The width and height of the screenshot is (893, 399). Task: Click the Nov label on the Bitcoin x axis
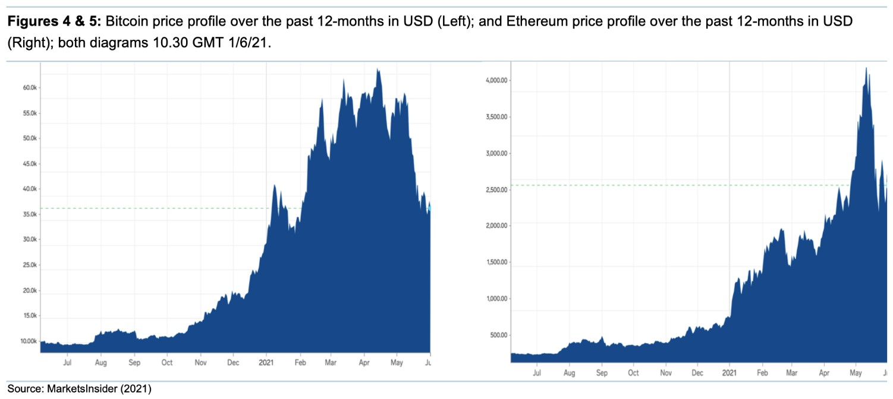200,362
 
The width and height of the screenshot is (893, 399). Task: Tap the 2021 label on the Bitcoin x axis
266,362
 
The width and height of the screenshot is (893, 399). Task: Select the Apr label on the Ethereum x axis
823,373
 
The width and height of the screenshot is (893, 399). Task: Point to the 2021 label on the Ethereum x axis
729,373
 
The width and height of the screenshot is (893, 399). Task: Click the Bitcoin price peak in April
378,70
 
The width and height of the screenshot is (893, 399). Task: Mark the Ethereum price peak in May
866,68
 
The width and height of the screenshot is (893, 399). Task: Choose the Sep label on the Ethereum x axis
601,373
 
